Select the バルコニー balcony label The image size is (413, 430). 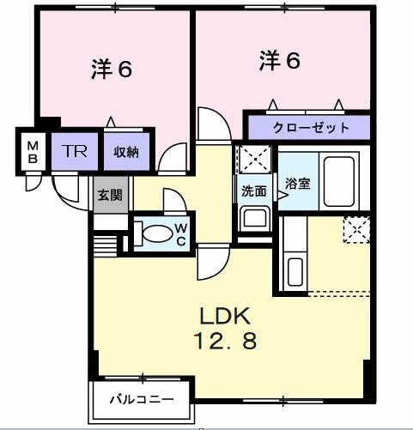(142, 400)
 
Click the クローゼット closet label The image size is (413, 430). (311, 128)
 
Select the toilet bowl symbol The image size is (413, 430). (155, 233)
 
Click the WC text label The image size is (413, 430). (181, 233)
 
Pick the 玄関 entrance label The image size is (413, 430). (109, 195)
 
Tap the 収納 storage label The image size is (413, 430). (126, 152)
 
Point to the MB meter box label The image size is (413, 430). (31, 151)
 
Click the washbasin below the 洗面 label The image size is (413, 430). (253, 215)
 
